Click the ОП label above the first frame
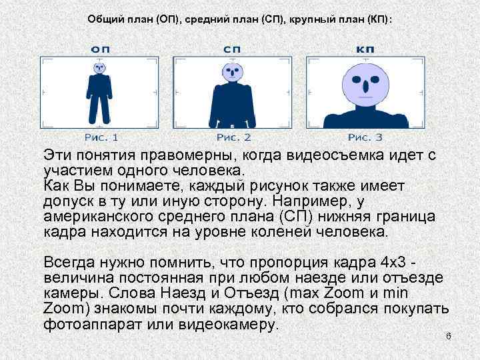tap(100, 49)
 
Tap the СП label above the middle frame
tap(233, 49)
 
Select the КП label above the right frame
tap(365, 49)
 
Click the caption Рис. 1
tap(101, 137)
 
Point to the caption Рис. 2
tap(233, 137)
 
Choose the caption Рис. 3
tap(365, 137)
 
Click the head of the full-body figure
tap(100, 67)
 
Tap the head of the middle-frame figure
tap(233, 71)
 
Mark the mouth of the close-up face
tap(365, 100)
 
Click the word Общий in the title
tap(103, 19)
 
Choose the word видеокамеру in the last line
tap(227, 325)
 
